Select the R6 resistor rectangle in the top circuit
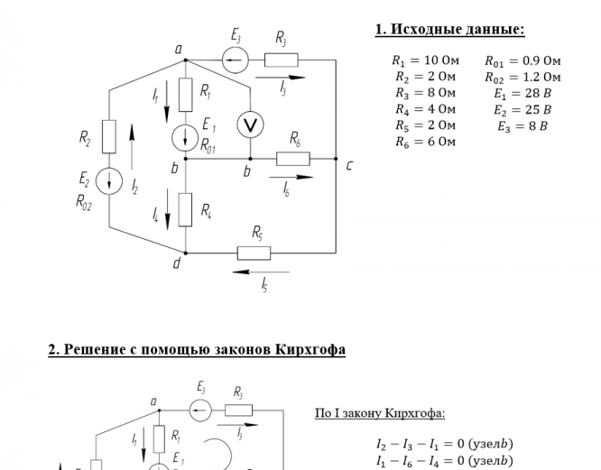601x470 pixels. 293,159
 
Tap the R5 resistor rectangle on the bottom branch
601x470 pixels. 254,253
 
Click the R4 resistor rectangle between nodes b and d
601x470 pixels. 185,209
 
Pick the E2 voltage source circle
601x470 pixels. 109,180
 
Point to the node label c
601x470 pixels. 349,166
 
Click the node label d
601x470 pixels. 177,263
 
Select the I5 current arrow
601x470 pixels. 261,271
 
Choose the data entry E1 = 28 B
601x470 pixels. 522,94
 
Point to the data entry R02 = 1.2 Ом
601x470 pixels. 522,78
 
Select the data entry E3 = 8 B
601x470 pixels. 522,126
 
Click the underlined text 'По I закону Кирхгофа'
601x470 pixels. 380,413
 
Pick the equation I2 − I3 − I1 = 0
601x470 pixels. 444,444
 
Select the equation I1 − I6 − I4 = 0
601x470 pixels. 444,461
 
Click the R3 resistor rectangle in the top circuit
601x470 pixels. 281,60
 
